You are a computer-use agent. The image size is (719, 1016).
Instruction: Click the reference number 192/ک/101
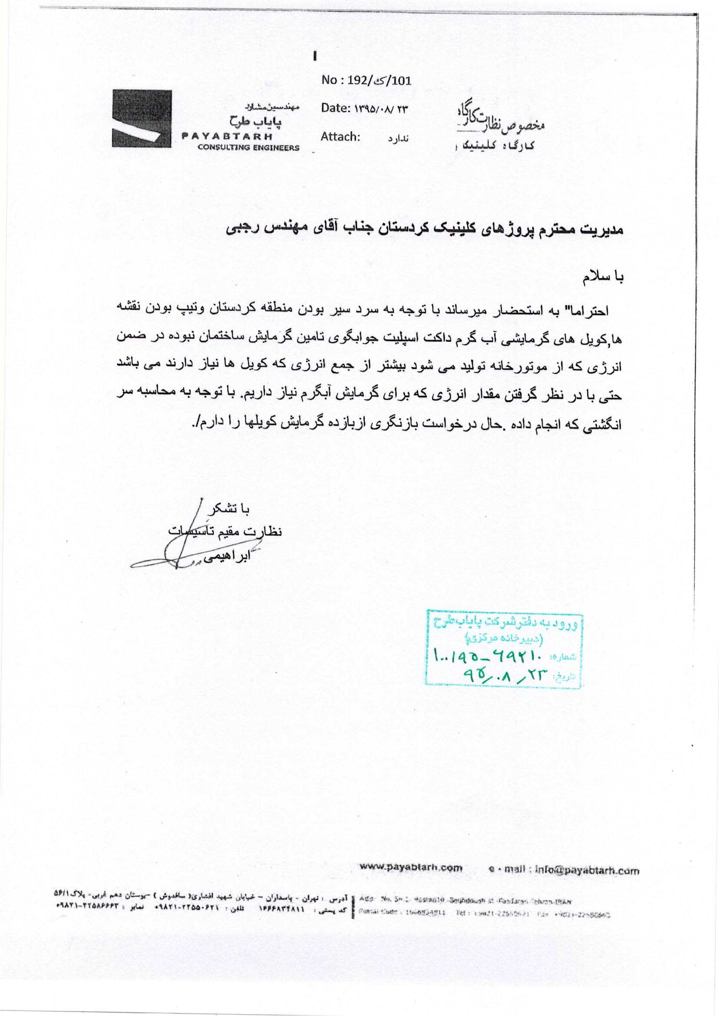coord(381,80)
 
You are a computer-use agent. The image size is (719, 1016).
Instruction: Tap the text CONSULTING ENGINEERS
coord(248,148)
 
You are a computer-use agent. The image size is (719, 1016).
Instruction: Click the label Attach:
coord(339,137)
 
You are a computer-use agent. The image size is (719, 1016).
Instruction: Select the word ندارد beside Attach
coord(398,139)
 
